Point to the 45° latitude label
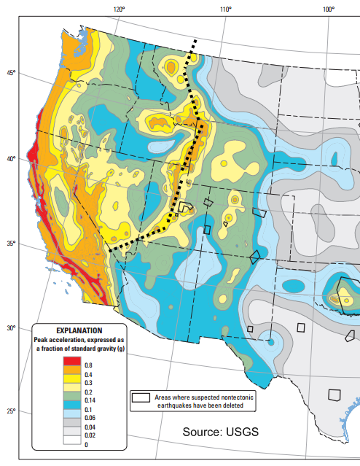pos(11,73)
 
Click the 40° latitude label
pos(11,159)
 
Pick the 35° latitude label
pos(11,244)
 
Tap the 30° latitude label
pos(11,328)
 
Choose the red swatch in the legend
pos(71,362)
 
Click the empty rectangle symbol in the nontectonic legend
pos(141,397)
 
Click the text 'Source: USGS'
pos(220,432)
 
